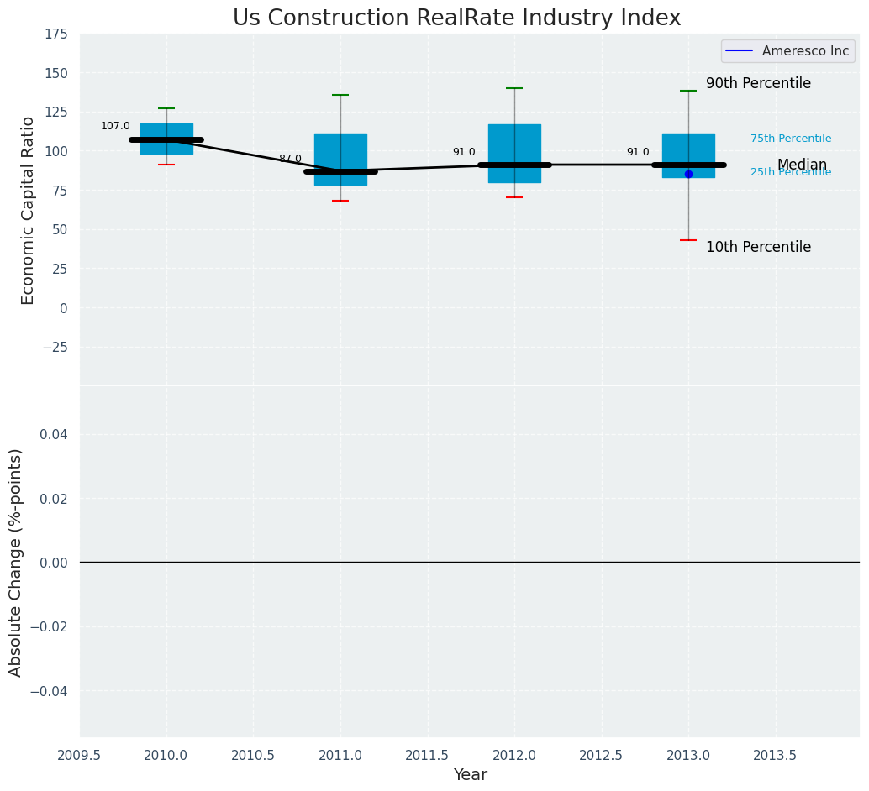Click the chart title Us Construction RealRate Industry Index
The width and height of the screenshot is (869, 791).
(x=456, y=18)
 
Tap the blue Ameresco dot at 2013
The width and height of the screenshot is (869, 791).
(x=688, y=174)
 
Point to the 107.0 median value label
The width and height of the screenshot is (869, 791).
(x=115, y=127)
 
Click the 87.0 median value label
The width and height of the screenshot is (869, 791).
(x=290, y=159)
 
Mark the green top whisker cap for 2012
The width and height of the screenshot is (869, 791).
(x=514, y=88)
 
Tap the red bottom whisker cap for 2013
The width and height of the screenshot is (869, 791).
(x=688, y=240)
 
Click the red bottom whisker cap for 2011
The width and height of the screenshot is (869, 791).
(x=340, y=201)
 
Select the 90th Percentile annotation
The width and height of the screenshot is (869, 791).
(x=758, y=84)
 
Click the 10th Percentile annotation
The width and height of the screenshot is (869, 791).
(x=758, y=248)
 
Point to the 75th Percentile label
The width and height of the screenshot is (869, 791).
(x=791, y=139)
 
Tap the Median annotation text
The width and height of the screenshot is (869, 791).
(x=802, y=165)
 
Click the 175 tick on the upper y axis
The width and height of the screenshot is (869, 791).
(x=57, y=34)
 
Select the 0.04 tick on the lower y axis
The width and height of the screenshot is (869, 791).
(x=55, y=434)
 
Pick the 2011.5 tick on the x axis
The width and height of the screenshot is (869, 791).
(x=428, y=756)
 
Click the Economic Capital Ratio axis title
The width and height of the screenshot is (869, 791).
(x=29, y=210)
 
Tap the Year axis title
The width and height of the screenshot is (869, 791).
(x=470, y=775)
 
